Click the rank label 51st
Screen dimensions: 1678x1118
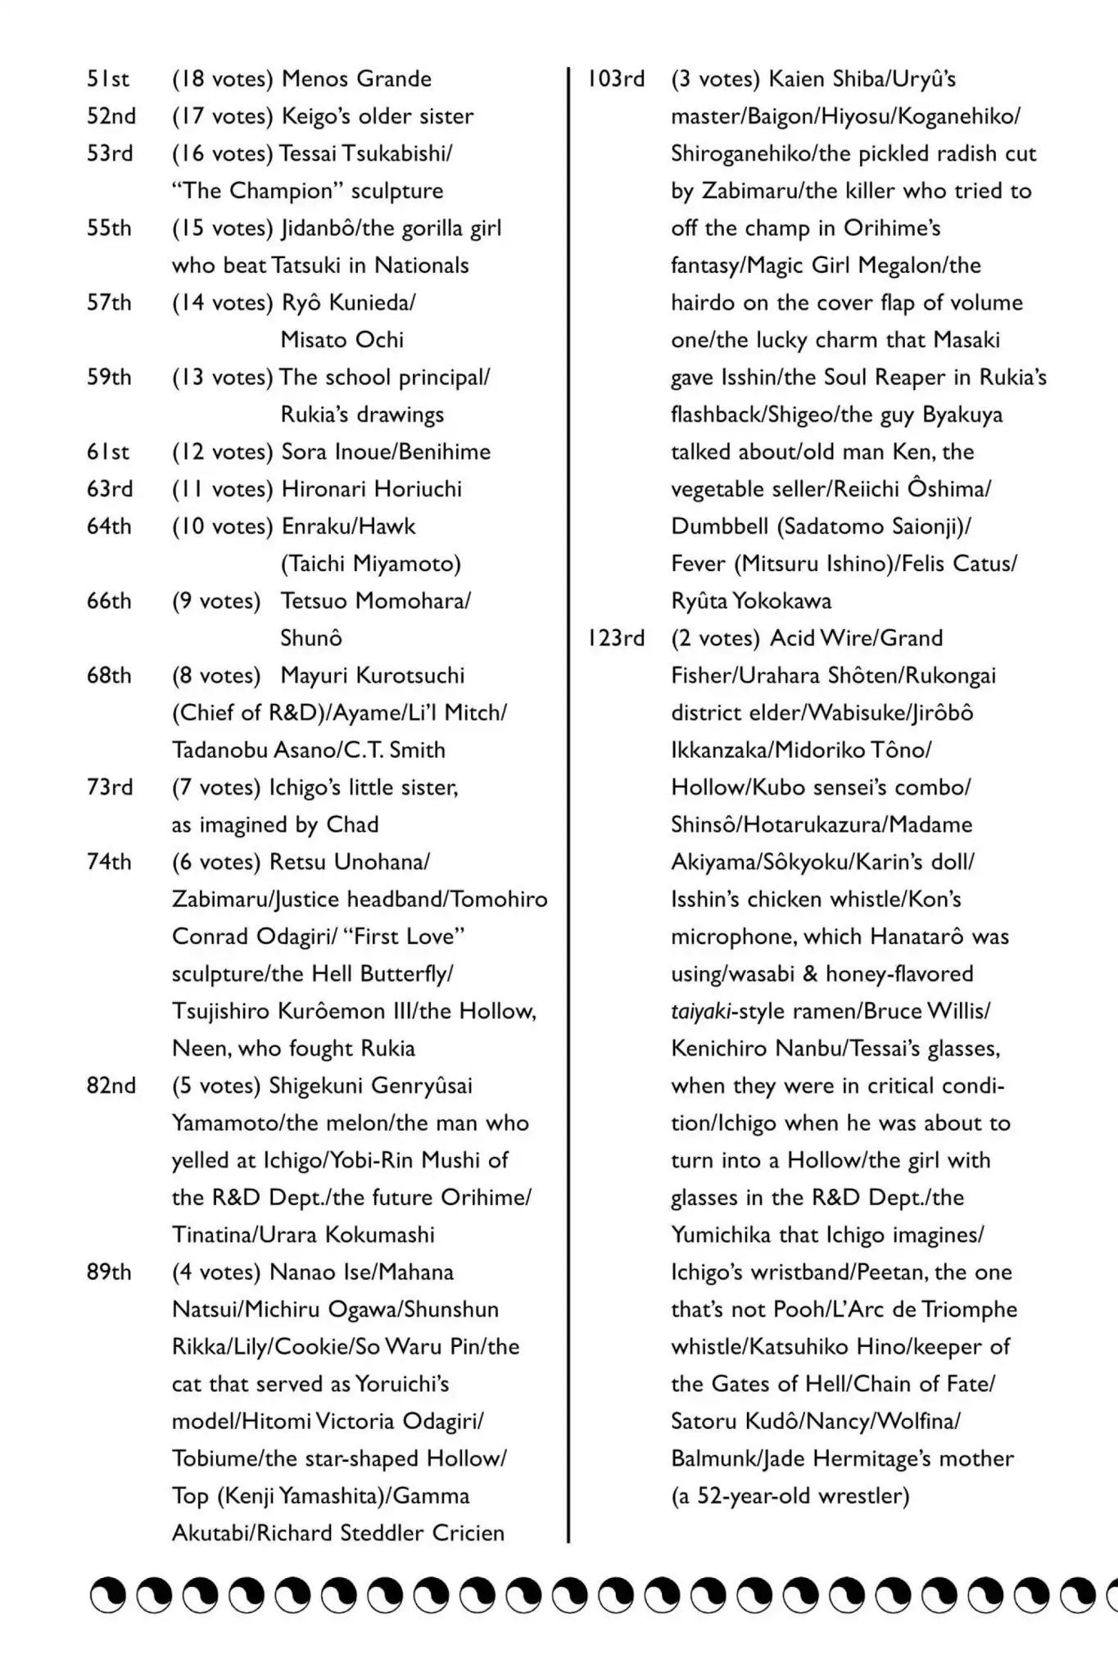pos(108,79)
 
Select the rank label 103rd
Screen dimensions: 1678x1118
pos(616,79)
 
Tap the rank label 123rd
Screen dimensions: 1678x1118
pos(616,638)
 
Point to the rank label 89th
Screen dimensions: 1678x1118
pos(109,1272)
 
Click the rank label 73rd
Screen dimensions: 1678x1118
pos(109,787)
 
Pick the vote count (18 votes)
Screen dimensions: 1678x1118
pos(222,79)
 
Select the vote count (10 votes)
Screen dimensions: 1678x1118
pos(222,526)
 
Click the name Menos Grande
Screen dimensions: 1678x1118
pos(356,79)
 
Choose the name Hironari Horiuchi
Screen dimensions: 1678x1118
pos(371,489)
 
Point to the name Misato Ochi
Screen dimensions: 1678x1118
pos(342,340)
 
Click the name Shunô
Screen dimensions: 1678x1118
pos(311,638)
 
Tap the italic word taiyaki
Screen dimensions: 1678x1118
pos(701,1011)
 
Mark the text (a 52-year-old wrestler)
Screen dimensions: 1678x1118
pos(790,1496)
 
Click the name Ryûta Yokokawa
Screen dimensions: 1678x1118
pos(751,601)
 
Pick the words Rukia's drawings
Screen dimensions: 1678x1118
pos(362,415)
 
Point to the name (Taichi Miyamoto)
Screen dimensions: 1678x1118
pos(371,564)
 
